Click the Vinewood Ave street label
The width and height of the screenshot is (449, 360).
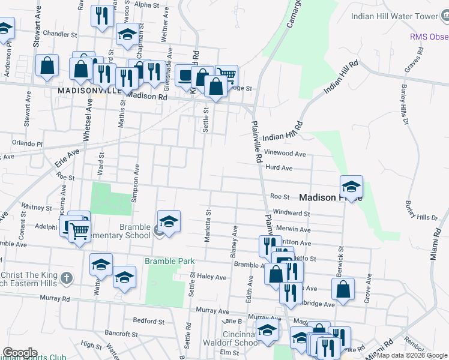click(289, 154)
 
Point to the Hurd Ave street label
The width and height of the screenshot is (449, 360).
click(279, 169)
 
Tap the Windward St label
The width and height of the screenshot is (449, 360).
click(291, 213)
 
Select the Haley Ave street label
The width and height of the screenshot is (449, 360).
click(212, 277)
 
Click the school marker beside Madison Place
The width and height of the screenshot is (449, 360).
click(352, 186)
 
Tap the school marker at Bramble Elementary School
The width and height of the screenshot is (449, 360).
click(169, 221)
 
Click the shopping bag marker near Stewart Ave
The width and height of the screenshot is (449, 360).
click(47, 65)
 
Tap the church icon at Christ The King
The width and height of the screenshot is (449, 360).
click(67, 279)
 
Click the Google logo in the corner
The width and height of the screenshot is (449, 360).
click(20, 353)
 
